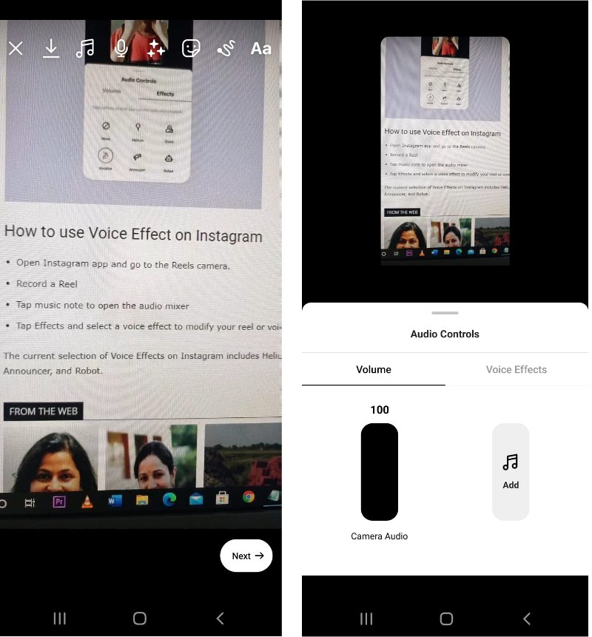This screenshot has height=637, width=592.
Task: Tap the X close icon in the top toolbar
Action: (x=16, y=49)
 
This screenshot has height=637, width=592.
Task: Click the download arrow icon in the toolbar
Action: (x=50, y=48)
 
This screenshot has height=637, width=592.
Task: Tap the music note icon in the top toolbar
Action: (x=85, y=49)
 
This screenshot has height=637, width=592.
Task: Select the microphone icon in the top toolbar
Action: (x=121, y=49)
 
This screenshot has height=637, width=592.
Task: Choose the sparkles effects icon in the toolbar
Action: (x=155, y=49)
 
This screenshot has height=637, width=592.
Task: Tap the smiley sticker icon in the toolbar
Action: (x=191, y=49)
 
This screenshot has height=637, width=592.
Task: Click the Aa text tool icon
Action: (x=260, y=49)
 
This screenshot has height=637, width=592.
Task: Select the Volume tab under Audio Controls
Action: (x=374, y=369)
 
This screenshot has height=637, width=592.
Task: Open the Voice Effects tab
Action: (x=516, y=369)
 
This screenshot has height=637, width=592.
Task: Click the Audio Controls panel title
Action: (x=445, y=334)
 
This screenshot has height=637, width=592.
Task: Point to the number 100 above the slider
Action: (x=379, y=410)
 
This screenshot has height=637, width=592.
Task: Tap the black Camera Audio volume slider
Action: (x=379, y=472)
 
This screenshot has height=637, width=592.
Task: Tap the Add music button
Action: (x=511, y=472)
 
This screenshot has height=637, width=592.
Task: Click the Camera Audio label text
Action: (x=379, y=536)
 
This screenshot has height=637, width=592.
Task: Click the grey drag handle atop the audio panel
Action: (x=445, y=313)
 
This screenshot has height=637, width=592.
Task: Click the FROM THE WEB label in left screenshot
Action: (x=43, y=411)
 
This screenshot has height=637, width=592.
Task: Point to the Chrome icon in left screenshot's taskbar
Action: (x=249, y=497)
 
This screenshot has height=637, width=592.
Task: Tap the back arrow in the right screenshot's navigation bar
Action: (x=527, y=619)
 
